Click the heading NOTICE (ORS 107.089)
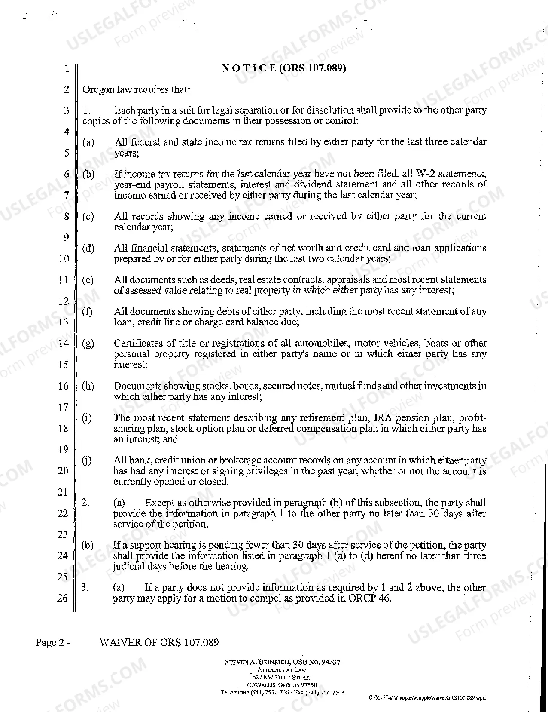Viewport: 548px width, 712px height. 283,68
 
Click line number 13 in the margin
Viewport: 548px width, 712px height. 63,322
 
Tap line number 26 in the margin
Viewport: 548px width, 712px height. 63,598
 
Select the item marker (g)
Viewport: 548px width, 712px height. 88,344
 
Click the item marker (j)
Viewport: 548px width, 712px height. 87,460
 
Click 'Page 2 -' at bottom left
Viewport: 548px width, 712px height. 53,642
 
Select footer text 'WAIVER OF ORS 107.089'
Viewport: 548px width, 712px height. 159,642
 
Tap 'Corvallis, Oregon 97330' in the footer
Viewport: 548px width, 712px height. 282,684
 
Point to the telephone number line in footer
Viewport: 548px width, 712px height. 282,692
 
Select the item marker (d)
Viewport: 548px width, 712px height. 88,248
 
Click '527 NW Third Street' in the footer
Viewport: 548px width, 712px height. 282,677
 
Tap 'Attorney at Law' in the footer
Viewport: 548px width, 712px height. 282,669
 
